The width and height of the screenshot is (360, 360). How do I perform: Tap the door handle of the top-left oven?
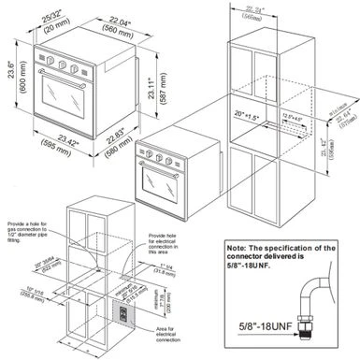point(67,79)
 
